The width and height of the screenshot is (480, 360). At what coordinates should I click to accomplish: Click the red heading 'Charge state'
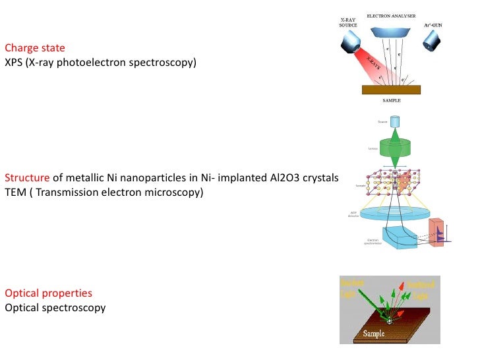pos(35,48)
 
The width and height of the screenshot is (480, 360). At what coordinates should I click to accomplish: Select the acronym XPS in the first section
pos(13,63)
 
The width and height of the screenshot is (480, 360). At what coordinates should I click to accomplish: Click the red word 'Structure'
pos(27,178)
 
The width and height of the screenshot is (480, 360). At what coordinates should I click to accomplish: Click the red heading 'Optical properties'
pos(48,293)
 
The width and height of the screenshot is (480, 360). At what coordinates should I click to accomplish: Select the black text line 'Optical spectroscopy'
pos(55,307)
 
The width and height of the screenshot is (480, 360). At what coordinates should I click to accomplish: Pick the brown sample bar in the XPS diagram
pos(392,90)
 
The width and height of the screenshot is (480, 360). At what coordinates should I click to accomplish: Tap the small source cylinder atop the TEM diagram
pos(395,122)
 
